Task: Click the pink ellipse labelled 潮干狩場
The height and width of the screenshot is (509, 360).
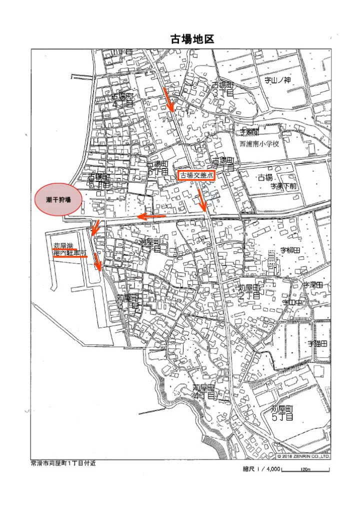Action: click(x=58, y=199)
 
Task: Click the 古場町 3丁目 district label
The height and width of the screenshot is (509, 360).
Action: click(x=222, y=89)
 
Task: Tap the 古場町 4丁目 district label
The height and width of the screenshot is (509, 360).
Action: click(x=122, y=100)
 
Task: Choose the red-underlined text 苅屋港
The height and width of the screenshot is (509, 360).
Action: click(x=63, y=246)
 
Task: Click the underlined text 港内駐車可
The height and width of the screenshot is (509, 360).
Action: click(x=70, y=253)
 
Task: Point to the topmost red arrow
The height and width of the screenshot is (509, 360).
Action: click(x=169, y=99)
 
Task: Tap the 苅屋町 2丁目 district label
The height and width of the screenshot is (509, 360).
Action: click(x=249, y=291)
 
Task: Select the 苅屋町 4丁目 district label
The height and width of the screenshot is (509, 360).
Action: click(x=204, y=391)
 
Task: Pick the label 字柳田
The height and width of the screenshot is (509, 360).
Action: click(x=289, y=249)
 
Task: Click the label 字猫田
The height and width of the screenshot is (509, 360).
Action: click(x=317, y=344)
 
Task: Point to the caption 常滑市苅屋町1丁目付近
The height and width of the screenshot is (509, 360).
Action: click(x=63, y=463)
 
